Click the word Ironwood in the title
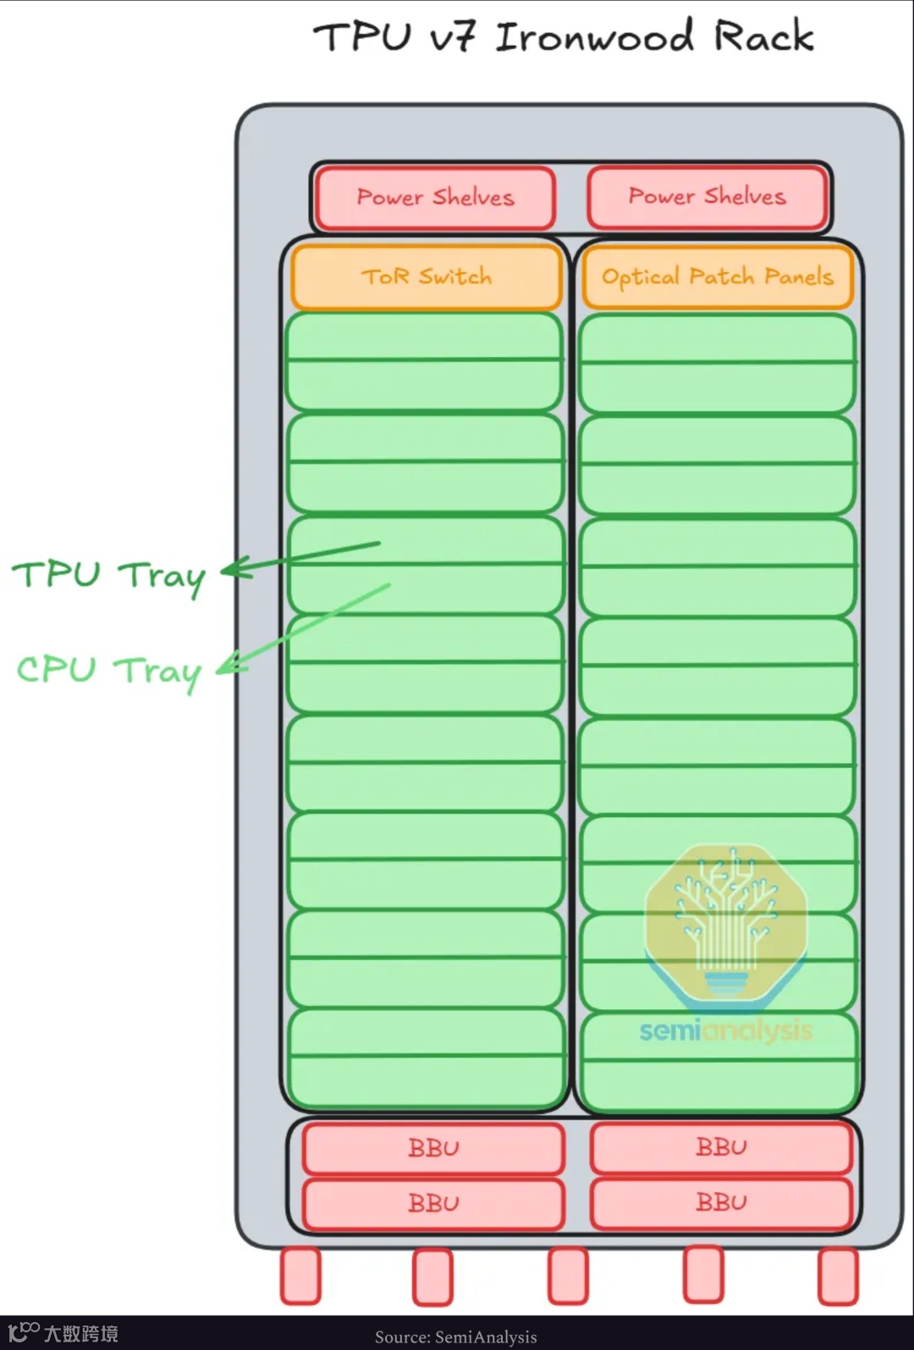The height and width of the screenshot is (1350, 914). pos(594,37)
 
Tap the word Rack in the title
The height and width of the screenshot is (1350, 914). pos(763,36)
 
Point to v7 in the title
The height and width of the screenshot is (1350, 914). pos(452,38)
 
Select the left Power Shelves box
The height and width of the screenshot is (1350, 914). pos(435,198)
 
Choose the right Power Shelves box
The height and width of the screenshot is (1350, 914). pos(707,197)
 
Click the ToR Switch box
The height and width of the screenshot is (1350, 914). pos(427,277)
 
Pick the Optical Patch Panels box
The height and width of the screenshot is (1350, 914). pos(717,277)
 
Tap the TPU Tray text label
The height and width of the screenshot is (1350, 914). pos(108,576)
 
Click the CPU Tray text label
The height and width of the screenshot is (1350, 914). pos(108,672)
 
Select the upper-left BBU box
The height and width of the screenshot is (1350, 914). pos(433,1148)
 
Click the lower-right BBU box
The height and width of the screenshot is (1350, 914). pos(721,1202)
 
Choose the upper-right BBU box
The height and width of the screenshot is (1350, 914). pos(721,1147)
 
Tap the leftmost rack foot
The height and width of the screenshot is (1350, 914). pos(300,1275)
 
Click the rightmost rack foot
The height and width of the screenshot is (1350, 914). pos(838,1276)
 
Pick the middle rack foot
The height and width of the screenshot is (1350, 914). pos(567,1276)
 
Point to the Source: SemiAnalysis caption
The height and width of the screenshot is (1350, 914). pos(455,1336)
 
